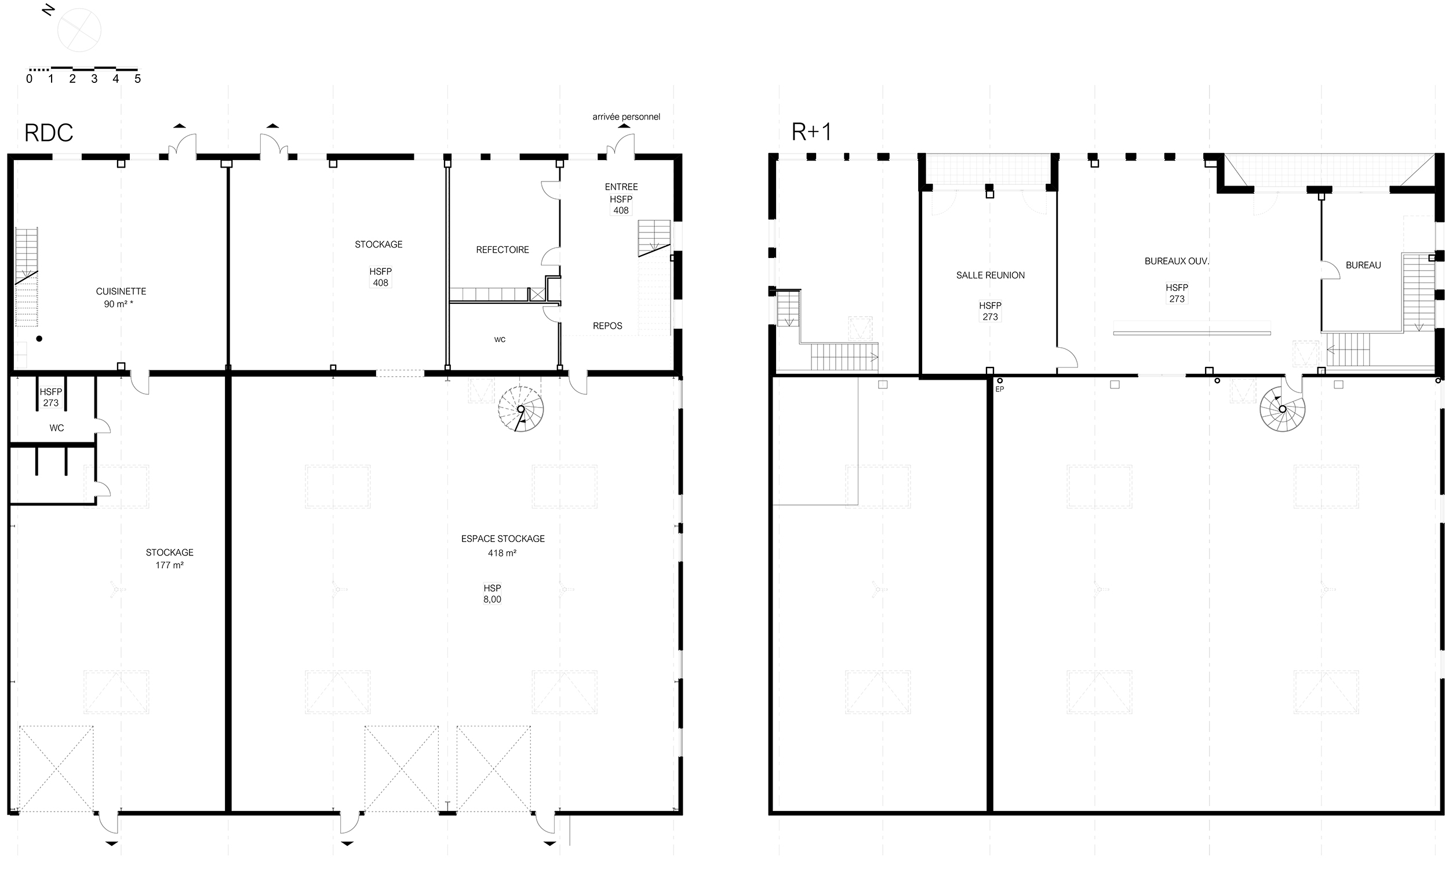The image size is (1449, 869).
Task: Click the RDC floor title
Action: [x=49, y=133]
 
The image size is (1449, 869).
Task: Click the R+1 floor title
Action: [x=811, y=132]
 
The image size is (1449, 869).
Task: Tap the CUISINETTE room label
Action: [x=121, y=291]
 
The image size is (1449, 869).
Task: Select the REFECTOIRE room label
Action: [x=503, y=250]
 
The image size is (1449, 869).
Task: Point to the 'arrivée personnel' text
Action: [x=626, y=117]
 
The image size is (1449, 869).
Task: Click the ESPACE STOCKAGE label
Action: [x=503, y=539]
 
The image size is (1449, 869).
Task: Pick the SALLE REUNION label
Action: [x=990, y=275]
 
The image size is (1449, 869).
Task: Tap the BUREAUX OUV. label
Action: [x=1177, y=261]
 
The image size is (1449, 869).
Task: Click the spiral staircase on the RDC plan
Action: [x=520, y=409]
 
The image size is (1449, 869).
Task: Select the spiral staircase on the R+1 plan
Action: [x=1282, y=409]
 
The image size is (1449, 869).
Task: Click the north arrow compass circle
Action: [x=79, y=30]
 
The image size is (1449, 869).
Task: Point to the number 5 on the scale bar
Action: [x=137, y=78]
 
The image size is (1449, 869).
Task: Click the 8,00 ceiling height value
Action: [x=492, y=599]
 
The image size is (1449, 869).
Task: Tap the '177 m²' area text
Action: [x=170, y=565]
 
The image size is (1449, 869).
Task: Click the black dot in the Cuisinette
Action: [x=39, y=339]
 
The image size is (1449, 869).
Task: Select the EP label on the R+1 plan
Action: [x=999, y=389]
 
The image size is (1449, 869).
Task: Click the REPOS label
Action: [x=607, y=326]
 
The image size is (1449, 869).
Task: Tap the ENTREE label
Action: [x=621, y=187]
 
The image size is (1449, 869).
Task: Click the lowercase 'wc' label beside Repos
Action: [x=500, y=340]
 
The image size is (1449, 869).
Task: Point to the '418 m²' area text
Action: [x=503, y=553]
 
